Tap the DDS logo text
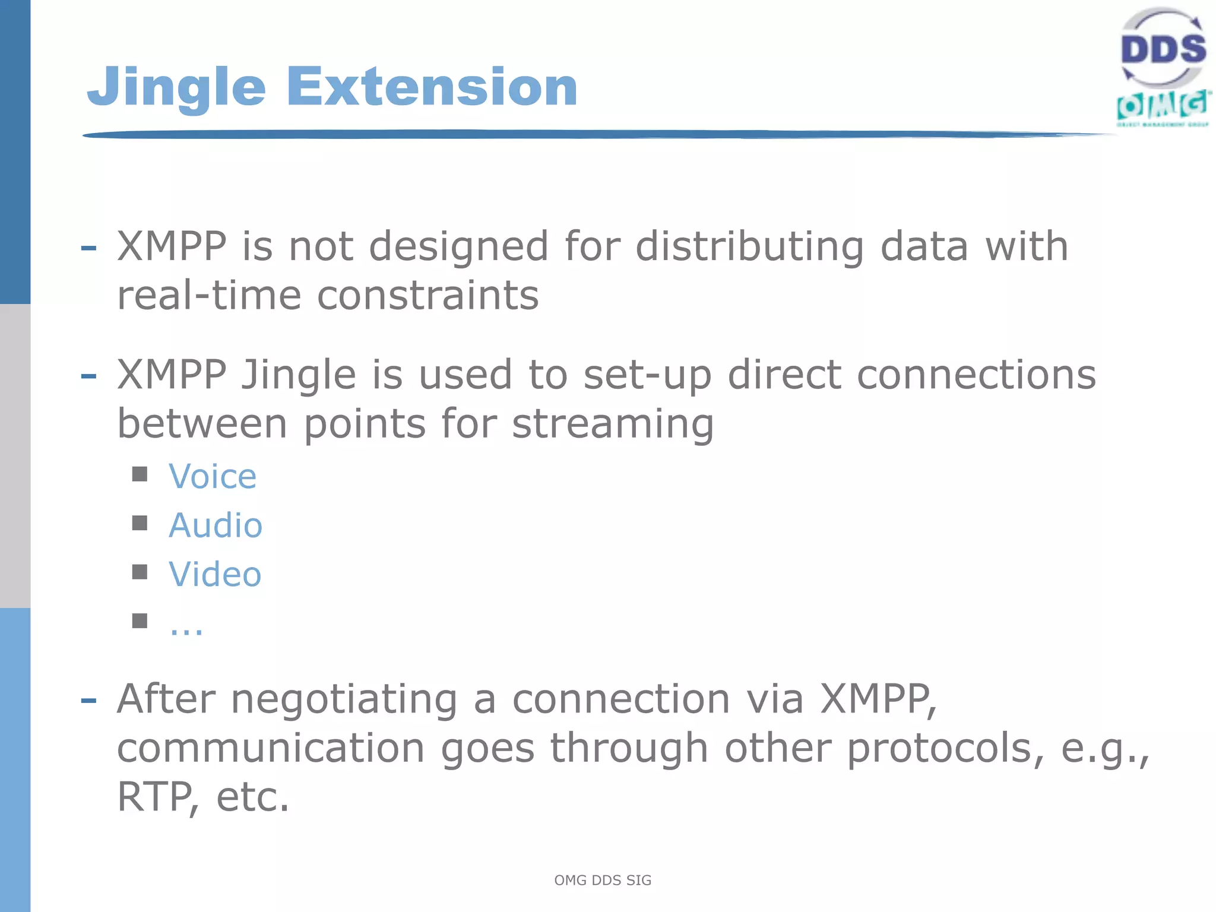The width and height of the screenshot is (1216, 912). [1163, 49]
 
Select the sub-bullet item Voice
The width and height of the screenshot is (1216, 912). [213, 477]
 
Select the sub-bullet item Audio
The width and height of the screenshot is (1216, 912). [215, 525]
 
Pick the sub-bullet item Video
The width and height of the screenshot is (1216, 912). [215, 574]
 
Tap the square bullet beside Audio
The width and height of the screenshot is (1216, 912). [140, 523]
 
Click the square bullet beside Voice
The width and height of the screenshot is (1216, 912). [140, 474]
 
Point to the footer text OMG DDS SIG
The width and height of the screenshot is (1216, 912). [603, 880]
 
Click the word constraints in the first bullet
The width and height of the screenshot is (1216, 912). [427, 295]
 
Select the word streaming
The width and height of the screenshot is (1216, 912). [613, 425]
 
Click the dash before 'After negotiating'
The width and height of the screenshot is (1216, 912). [88, 701]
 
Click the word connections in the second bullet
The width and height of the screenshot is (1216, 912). [976, 375]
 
